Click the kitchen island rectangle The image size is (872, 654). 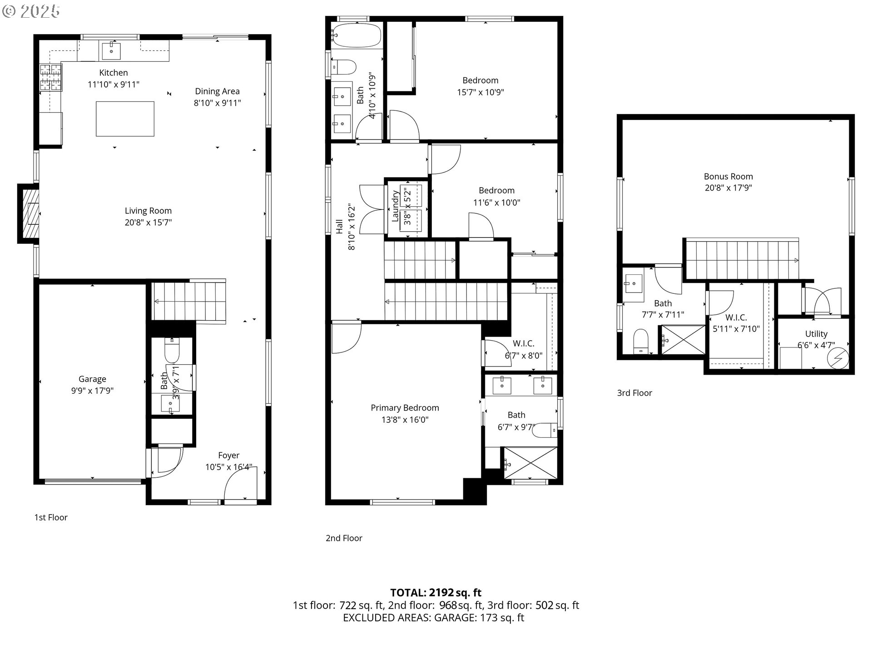coord(125,119)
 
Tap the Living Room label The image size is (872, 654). coord(148,211)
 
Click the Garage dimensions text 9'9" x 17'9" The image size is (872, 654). coord(92,391)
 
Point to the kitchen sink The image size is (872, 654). coord(111,50)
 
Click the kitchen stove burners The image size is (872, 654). coord(50,78)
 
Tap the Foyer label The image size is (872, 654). coord(228,455)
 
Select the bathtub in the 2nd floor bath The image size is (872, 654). coord(356,35)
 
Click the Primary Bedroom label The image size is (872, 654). coord(405,408)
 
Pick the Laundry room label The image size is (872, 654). coord(395,207)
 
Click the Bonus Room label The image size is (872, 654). coord(728,176)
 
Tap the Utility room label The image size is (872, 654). coord(816,334)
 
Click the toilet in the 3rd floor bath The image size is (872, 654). coord(641,341)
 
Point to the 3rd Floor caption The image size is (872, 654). coord(634,393)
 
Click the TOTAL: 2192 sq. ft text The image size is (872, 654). coord(436,592)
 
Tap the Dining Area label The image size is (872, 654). coord(217,91)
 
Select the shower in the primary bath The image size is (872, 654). coord(530,463)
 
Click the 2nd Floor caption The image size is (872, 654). coord(344,538)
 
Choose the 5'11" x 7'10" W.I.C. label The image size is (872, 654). coord(736,323)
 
